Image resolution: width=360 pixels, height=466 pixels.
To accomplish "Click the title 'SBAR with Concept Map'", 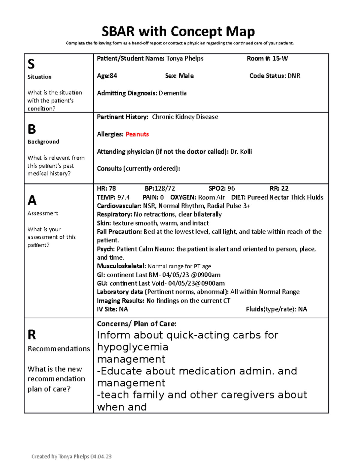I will pyautogui.click(x=178, y=32).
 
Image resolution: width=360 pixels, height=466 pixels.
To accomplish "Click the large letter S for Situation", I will pyautogui.click(x=31, y=64).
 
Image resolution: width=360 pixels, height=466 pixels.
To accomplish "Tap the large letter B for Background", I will pyautogui.click(x=31, y=129).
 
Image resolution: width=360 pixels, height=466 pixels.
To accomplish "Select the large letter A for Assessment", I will pyautogui.click(x=32, y=200).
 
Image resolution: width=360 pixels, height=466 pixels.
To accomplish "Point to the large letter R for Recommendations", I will pyautogui.click(x=31, y=335).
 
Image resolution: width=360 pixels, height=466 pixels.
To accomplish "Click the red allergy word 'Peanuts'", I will pyautogui.click(x=137, y=134).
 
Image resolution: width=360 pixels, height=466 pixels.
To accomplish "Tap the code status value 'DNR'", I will pyautogui.click(x=294, y=76).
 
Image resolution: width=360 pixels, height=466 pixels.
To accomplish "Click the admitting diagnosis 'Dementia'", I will pyautogui.click(x=172, y=93).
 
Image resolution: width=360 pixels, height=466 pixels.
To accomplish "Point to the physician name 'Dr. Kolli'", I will pyautogui.click(x=241, y=152).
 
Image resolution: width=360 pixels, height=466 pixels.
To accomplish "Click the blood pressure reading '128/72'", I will pyautogui.click(x=164, y=188).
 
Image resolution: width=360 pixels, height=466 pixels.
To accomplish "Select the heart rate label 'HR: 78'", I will pyautogui.click(x=106, y=188).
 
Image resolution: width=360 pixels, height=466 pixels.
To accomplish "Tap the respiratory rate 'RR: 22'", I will pyautogui.click(x=279, y=188).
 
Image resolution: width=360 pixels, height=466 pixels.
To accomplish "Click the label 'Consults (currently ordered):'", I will pyautogui.click(x=138, y=169).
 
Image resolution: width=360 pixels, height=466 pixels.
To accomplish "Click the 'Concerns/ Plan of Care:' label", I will pyautogui.click(x=136, y=324).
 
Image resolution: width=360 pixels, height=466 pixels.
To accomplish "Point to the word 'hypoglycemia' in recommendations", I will pyautogui.click(x=133, y=347).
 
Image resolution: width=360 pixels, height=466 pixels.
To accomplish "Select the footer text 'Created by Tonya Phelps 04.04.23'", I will pyautogui.click(x=71, y=456).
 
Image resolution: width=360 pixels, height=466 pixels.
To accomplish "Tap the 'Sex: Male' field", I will pyautogui.click(x=179, y=76).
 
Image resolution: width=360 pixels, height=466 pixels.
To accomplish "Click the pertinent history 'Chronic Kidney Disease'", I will pyautogui.click(x=185, y=117).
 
